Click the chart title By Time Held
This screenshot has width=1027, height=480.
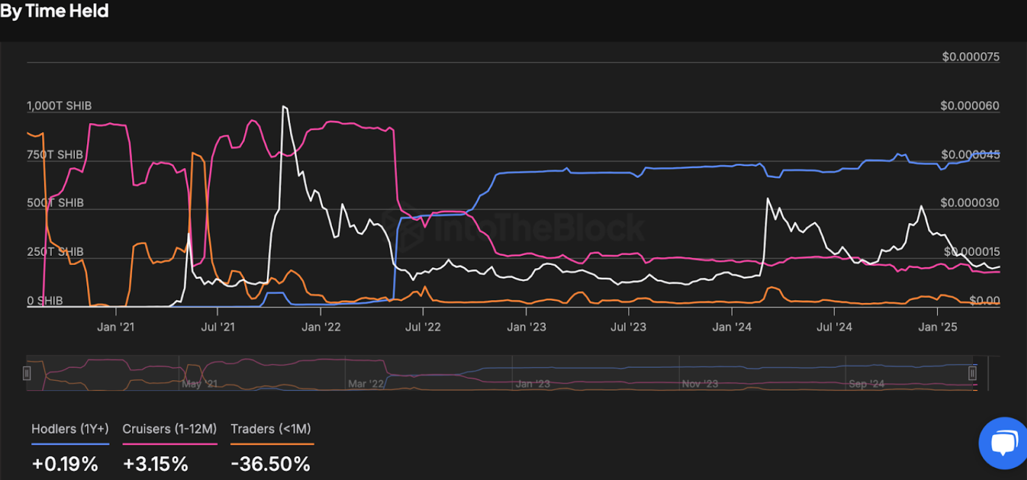click(55, 11)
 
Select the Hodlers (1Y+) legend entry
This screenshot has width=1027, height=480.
click(70, 429)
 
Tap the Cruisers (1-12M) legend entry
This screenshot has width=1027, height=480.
click(169, 429)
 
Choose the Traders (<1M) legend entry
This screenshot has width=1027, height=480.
click(271, 429)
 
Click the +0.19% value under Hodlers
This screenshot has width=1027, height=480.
click(65, 464)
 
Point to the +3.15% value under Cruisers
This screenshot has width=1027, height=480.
click(155, 464)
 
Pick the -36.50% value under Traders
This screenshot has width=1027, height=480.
click(270, 464)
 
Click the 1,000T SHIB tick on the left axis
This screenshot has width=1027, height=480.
click(59, 106)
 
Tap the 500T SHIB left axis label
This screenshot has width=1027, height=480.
click(55, 203)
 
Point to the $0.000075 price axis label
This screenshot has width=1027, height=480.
click(970, 57)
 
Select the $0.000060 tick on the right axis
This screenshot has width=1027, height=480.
click(969, 106)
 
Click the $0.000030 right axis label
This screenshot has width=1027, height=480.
click(969, 203)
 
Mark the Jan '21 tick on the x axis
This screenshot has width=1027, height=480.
click(116, 327)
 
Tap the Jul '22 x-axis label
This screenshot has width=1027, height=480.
click(423, 327)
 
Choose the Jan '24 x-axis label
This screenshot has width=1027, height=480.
click(732, 327)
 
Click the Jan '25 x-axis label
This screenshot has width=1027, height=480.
click(937, 327)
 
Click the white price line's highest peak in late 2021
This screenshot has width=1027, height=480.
click(284, 107)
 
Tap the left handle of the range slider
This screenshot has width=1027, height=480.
click(27, 373)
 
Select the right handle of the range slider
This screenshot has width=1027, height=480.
click(972, 373)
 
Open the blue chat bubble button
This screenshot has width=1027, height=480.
click(1004, 443)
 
